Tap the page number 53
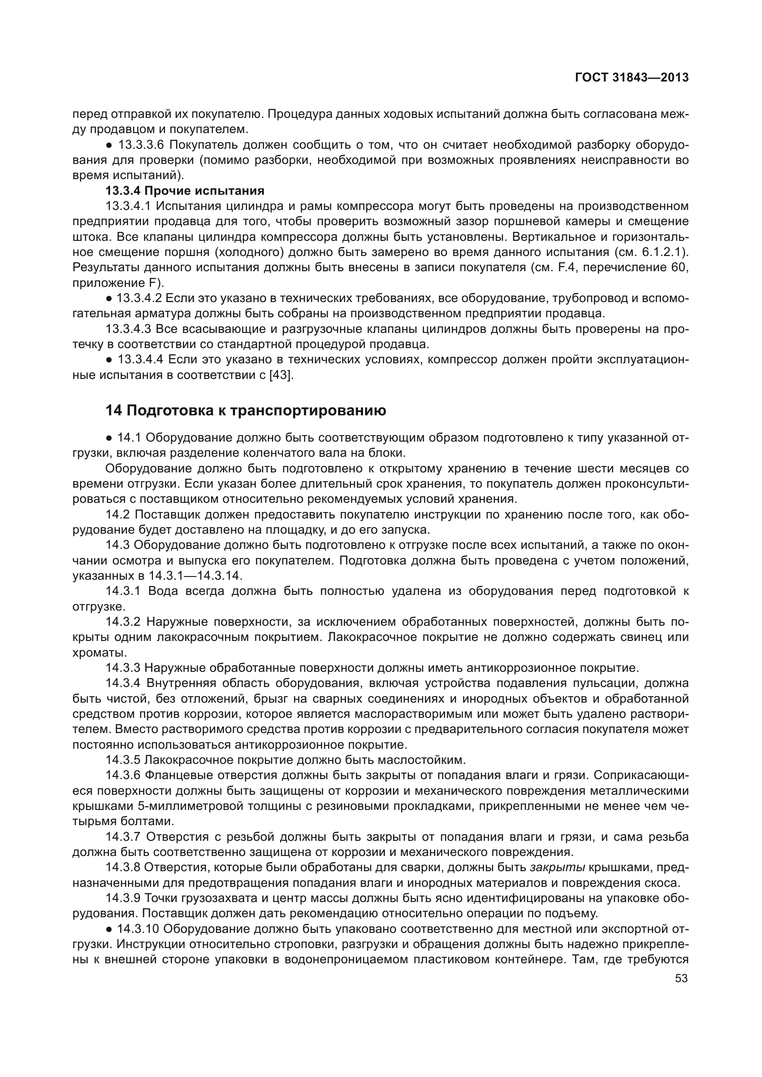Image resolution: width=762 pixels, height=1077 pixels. [x=681, y=978]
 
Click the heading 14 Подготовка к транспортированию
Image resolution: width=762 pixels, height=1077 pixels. [x=246, y=410]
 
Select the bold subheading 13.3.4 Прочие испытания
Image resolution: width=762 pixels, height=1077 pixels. [x=185, y=191]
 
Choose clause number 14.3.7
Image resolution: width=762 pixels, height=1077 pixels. [x=123, y=836]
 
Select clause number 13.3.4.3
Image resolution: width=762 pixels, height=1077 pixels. [x=129, y=329]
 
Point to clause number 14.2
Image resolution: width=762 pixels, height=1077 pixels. [x=117, y=514]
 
